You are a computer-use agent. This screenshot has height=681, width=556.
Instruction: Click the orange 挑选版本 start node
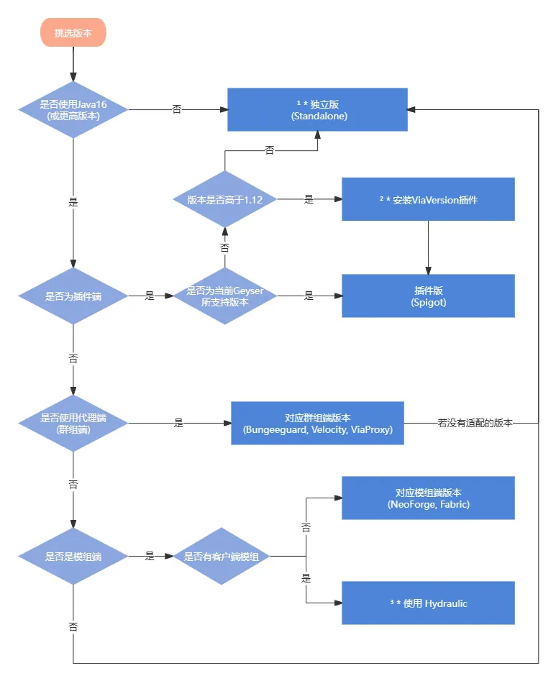click(73, 33)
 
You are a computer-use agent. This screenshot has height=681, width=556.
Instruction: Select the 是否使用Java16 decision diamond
click(73, 109)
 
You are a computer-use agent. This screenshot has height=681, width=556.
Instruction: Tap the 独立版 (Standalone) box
click(318, 110)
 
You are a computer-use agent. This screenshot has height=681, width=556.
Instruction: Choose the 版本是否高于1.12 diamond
click(225, 200)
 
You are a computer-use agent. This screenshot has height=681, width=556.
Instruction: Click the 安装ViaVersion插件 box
click(428, 199)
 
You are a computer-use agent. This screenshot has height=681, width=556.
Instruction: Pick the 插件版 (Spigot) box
click(428, 296)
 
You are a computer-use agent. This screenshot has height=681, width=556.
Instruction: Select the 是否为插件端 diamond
click(73, 296)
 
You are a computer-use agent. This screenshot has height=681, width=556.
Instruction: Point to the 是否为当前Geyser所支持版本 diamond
click(225, 296)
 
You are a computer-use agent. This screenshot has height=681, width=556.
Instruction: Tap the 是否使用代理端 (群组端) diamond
click(73, 424)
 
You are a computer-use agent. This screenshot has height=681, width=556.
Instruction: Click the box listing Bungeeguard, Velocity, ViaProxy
click(318, 424)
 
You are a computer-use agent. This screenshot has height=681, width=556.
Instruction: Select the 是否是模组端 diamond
click(73, 556)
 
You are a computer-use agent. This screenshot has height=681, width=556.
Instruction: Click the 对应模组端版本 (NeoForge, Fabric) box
click(428, 498)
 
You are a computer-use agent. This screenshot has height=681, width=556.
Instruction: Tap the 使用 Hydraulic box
click(428, 603)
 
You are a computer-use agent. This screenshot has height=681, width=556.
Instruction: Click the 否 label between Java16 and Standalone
click(177, 109)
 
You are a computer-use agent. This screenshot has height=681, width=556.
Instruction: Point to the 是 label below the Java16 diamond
click(73, 202)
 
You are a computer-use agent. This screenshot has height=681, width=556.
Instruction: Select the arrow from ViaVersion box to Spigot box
click(428, 247)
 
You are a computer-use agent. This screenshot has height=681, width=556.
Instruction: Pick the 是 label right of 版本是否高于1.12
click(309, 200)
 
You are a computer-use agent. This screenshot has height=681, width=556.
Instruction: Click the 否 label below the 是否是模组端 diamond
click(73, 626)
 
